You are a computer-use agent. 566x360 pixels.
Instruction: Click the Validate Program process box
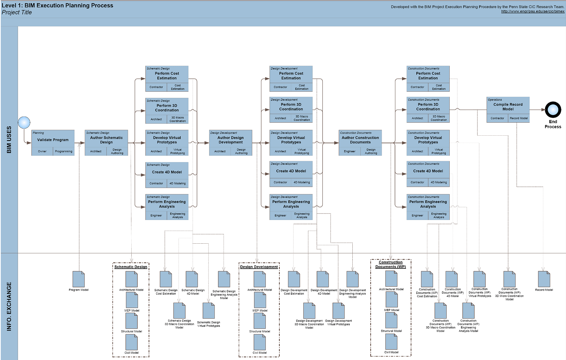(53, 140)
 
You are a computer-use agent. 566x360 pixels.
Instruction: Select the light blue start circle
(24, 123)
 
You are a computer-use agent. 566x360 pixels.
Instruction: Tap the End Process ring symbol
(553, 110)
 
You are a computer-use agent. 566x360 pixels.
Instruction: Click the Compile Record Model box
(508, 107)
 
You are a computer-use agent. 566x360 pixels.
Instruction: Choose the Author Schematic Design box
(106, 140)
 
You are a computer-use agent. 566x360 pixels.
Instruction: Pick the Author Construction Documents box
(360, 140)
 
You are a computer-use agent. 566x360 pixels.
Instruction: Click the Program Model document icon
(79, 279)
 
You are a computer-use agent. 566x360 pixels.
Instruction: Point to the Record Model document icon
(544, 279)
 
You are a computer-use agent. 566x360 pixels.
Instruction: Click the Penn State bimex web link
(533, 11)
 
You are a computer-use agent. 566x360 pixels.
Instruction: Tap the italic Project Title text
(17, 12)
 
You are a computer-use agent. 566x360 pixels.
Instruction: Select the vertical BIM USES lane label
(9, 140)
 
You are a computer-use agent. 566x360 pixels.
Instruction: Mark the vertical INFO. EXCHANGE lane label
(9, 306)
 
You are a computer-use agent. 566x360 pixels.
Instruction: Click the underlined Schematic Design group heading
(131, 267)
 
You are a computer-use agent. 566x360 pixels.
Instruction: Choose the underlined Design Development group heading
(259, 267)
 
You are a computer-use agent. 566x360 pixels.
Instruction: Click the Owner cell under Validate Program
(42, 151)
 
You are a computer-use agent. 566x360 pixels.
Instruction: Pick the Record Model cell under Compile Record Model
(519, 118)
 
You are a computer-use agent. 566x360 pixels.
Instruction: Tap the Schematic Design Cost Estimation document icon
(166, 279)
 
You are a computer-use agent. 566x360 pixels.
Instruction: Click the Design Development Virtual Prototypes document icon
(338, 311)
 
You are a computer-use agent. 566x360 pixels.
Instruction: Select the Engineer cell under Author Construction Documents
(350, 151)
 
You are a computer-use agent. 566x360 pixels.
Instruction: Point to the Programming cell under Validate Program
(64, 151)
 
